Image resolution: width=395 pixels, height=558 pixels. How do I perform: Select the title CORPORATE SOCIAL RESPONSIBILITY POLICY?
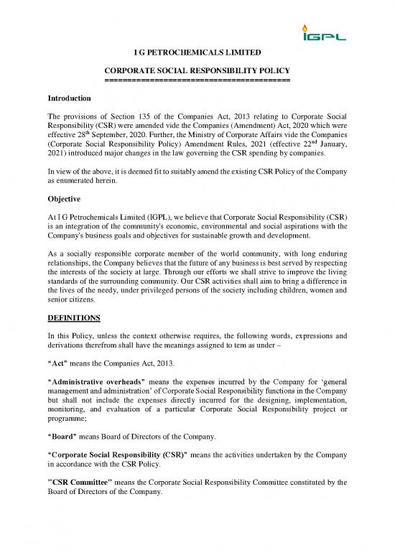[x=197, y=70]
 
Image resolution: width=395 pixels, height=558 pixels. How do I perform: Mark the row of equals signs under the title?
[x=197, y=80]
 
